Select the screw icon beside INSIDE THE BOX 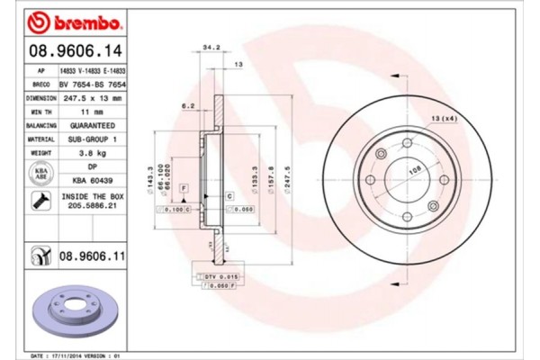[41, 200]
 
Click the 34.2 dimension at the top [211, 47]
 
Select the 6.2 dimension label [187, 106]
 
